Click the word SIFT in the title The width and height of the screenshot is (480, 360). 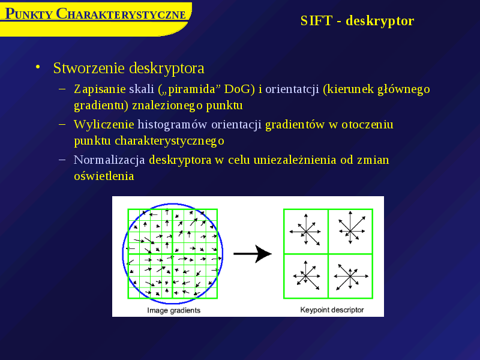[x=316, y=21]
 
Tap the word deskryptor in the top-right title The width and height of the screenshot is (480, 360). [x=380, y=22]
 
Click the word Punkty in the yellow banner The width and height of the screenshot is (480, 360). [x=29, y=14]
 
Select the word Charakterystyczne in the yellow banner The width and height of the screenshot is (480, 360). [x=121, y=14]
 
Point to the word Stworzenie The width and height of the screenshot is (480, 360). [x=89, y=68]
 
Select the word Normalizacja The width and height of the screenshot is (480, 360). [x=109, y=160]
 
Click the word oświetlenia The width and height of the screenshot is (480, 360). [x=104, y=176]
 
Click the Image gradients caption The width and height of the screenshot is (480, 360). [x=173, y=310]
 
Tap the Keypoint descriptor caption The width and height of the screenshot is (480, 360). [x=332, y=310]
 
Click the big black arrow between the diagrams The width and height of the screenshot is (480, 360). [x=252, y=254]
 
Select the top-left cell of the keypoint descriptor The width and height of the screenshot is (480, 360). [x=306, y=232]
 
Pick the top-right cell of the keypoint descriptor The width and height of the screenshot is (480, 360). [x=350, y=232]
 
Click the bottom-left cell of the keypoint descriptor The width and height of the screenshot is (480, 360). [x=306, y=276]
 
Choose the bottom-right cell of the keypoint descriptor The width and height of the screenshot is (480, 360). [x=350, y=276]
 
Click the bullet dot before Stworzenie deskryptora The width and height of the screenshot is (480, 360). [x=38, y=67]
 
